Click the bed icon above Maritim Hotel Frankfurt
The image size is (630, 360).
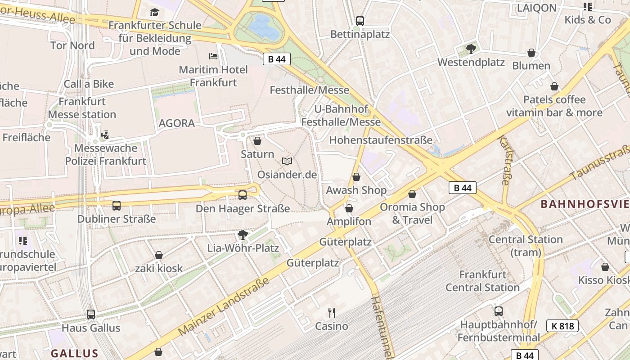pyautogui.click(x=213, y=56)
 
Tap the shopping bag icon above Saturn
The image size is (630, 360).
pyautogui.click(x=257, y=141)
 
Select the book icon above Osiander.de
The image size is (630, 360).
pyautogui.click(x=287, y=161)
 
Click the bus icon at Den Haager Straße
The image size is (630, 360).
pyautogui.click(x=243, y=195)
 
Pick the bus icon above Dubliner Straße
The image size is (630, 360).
pyautogui.click(x=117, y=206)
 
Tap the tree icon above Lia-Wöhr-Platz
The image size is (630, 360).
pyautogui.click(x=243, y=234)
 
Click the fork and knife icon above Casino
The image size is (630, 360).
pyautogui.click(x=332, y=313)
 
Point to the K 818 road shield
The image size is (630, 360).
pyautogui.click(x=562, y=326)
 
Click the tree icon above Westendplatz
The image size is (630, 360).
pyautogui.click(x=471, y=49)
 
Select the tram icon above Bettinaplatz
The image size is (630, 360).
pyautogui.click(x=360, y=21)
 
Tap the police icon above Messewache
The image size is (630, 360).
pyautogui.click(x=105, y=135)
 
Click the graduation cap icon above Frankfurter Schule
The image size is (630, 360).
pyautogui.click(x=155, y=12)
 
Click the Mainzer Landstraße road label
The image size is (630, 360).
pyautogui.click(x=224, y=306)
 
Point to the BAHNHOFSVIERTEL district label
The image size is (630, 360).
pyautogui.click(x=585, y=204)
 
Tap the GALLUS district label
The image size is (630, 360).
pyautogui.click(x=74, y=353)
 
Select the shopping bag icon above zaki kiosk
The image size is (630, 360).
pyautogui.click(x=158, y=255)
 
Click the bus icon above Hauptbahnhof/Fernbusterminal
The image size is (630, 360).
pyautogui.click(x=498, y=311)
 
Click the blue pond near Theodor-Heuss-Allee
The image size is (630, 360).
pyautogui.click(x=263, y=27)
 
